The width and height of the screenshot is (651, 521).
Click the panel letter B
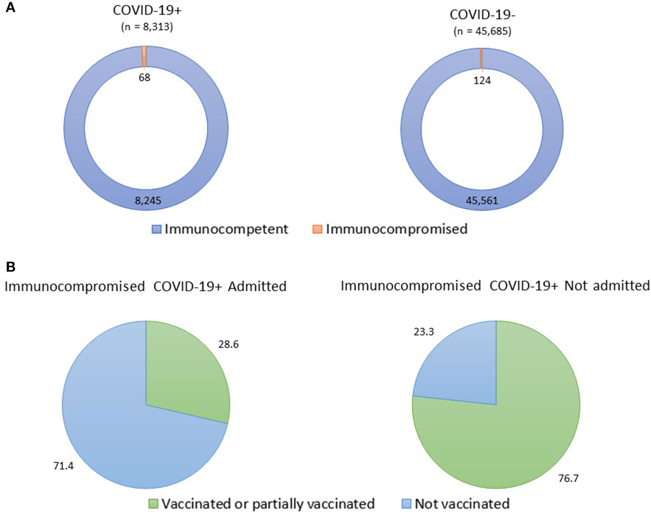pyautogui.click(x=10, y=266)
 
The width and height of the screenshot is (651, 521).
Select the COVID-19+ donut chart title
pyautogui.click(x=147, y=11)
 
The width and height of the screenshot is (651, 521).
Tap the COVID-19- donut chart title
pyautogui.click(x=482, y=14)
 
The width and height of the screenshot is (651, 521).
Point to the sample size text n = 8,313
pyautogui.click(x=147, y=27)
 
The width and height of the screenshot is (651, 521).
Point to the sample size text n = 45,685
pyautogui.click(x=482, y=31)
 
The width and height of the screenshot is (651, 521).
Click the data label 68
pyautogui.click(x=145, y=78)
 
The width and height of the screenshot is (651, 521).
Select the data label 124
pyautogui.click(x=482, y=80)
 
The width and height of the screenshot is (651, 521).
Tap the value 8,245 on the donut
pyautogui.click(x=148, y=200)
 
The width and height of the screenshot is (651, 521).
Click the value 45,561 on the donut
pyautogui.click(x=482, y=200)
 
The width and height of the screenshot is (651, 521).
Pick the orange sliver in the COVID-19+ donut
pyautogui.click(x=144, y=56)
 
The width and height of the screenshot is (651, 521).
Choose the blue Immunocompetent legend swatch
pyautogui.click(x=157, y=230)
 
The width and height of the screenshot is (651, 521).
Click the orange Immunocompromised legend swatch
pyautogui.click(x=317, y=230)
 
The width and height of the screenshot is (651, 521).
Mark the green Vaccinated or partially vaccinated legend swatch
pyautogui.click(x=154, y=504)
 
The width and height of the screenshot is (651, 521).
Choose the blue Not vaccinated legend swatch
pyautogui.click(x=407, y=504)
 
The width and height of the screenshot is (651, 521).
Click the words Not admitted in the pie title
pyautogui.click(x=607, y=286)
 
